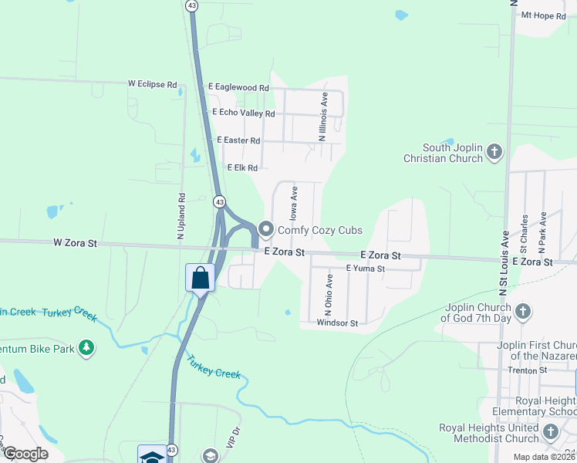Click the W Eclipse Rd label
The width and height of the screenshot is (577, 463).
152,83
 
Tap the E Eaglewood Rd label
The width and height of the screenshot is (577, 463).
238,88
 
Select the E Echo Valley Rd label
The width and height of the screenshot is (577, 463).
241,113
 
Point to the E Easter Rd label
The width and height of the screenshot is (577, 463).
238,140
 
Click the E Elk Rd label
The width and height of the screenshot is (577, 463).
241,167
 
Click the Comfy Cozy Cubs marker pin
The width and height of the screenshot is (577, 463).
267,229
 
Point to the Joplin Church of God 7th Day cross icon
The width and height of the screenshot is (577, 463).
523,312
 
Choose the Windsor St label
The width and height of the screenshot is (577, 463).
337,323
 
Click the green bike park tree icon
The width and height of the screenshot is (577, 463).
87,349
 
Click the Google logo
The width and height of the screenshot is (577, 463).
25,454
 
